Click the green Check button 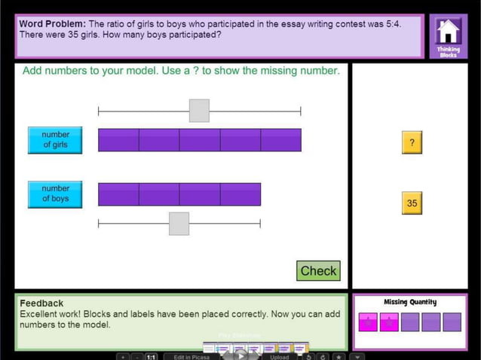pyautogui.click(x=318, y=271)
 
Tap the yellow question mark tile pyautogui.click(x=412, y=142)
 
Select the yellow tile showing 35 pyautogui.click(x=412, y=203)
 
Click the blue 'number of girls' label pyautogui.click(x=55, y=140)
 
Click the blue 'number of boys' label pyautogui.click(x=55, y=194)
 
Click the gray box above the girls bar pyautogui.click(x=199, y=111)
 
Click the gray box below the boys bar pyautogui.click(x=179, y=224)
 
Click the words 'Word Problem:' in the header pyautogui.click(x=52, y=24)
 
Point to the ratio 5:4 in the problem pyautogui.click(x=393, y=24)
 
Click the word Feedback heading pyautogui.click(x=41, y=303)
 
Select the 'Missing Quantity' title pyautogui.click(x=410, y=302)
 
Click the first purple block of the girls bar pyautogui.click(x=118, y=140)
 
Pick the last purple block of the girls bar pyautogui.click(x=280, y=140)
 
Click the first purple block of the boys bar pyautogui.click(x=118, y=194)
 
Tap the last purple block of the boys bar pyautogui.click(x=240, y=194)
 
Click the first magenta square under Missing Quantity pyautogui.click(x=368, y=322)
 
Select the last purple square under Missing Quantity pyautogui.click(x=452, y=322)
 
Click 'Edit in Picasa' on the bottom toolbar pyautogui.click(x=191, y=357)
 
